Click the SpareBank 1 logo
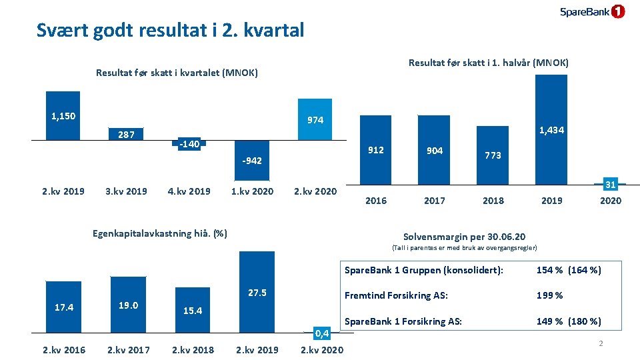[x=592, y=11]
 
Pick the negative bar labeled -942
[x=251, y=160]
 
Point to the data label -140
[x=189, y=143]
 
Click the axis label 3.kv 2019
[x=126, y=191]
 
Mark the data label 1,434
[x=551, y=130]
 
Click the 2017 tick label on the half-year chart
[x=435, y=200]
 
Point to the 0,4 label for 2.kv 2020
[x=322, y=333]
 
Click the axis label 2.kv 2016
[x=63, y=349]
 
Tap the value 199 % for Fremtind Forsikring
[x=549, y=295]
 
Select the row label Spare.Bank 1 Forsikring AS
[x=403, y=321]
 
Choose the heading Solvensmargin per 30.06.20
[x=464, y=237]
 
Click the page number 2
[x=600, y=343]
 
